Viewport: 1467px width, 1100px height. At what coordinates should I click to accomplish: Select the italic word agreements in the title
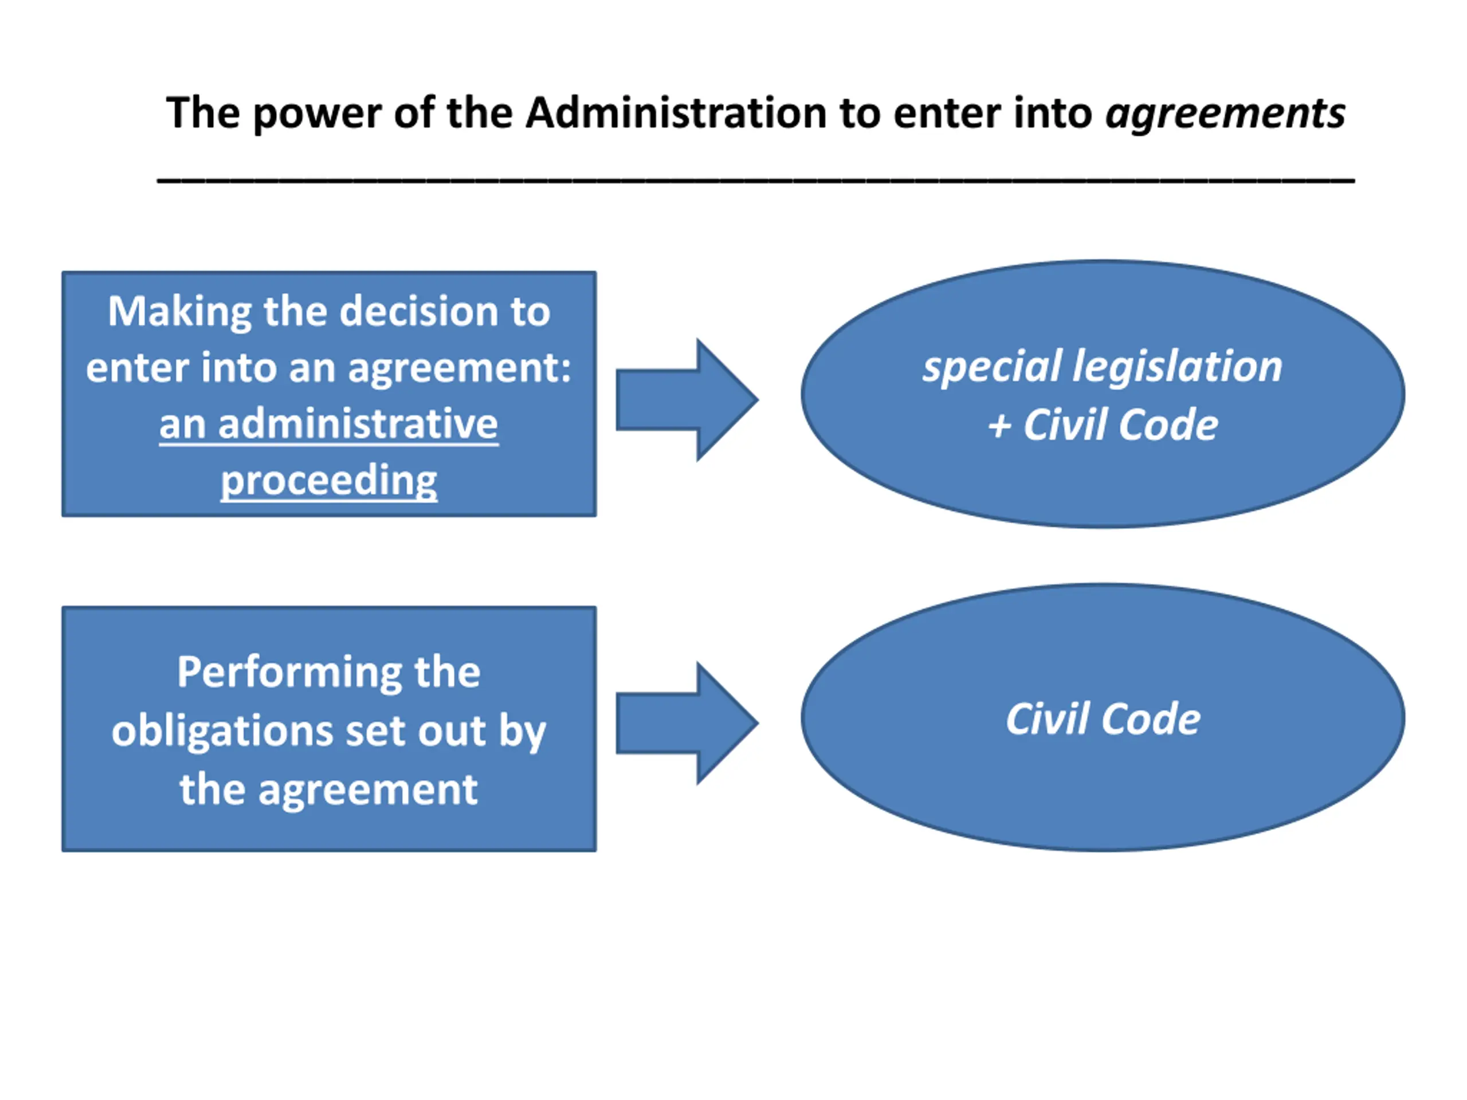pyautogui.click(x=1225, y=115)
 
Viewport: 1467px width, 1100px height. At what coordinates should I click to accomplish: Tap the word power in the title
pyautogui.click(x=317, y=115)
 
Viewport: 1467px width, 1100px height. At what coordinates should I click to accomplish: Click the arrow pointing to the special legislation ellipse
pyautogui.click(x=687, y=400)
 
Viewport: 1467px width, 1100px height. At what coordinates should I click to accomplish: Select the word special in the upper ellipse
pyautogui.click(x=991, y=367)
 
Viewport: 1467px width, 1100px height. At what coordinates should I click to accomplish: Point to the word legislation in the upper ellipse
pyautogui.click(x=1178, y=367)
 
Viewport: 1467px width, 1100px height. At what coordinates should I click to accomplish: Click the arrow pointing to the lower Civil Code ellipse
pyautogui.click(x=687, y=724)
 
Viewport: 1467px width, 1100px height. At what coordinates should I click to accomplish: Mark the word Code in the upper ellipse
pyautogui.click(x=1168, y=425)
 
